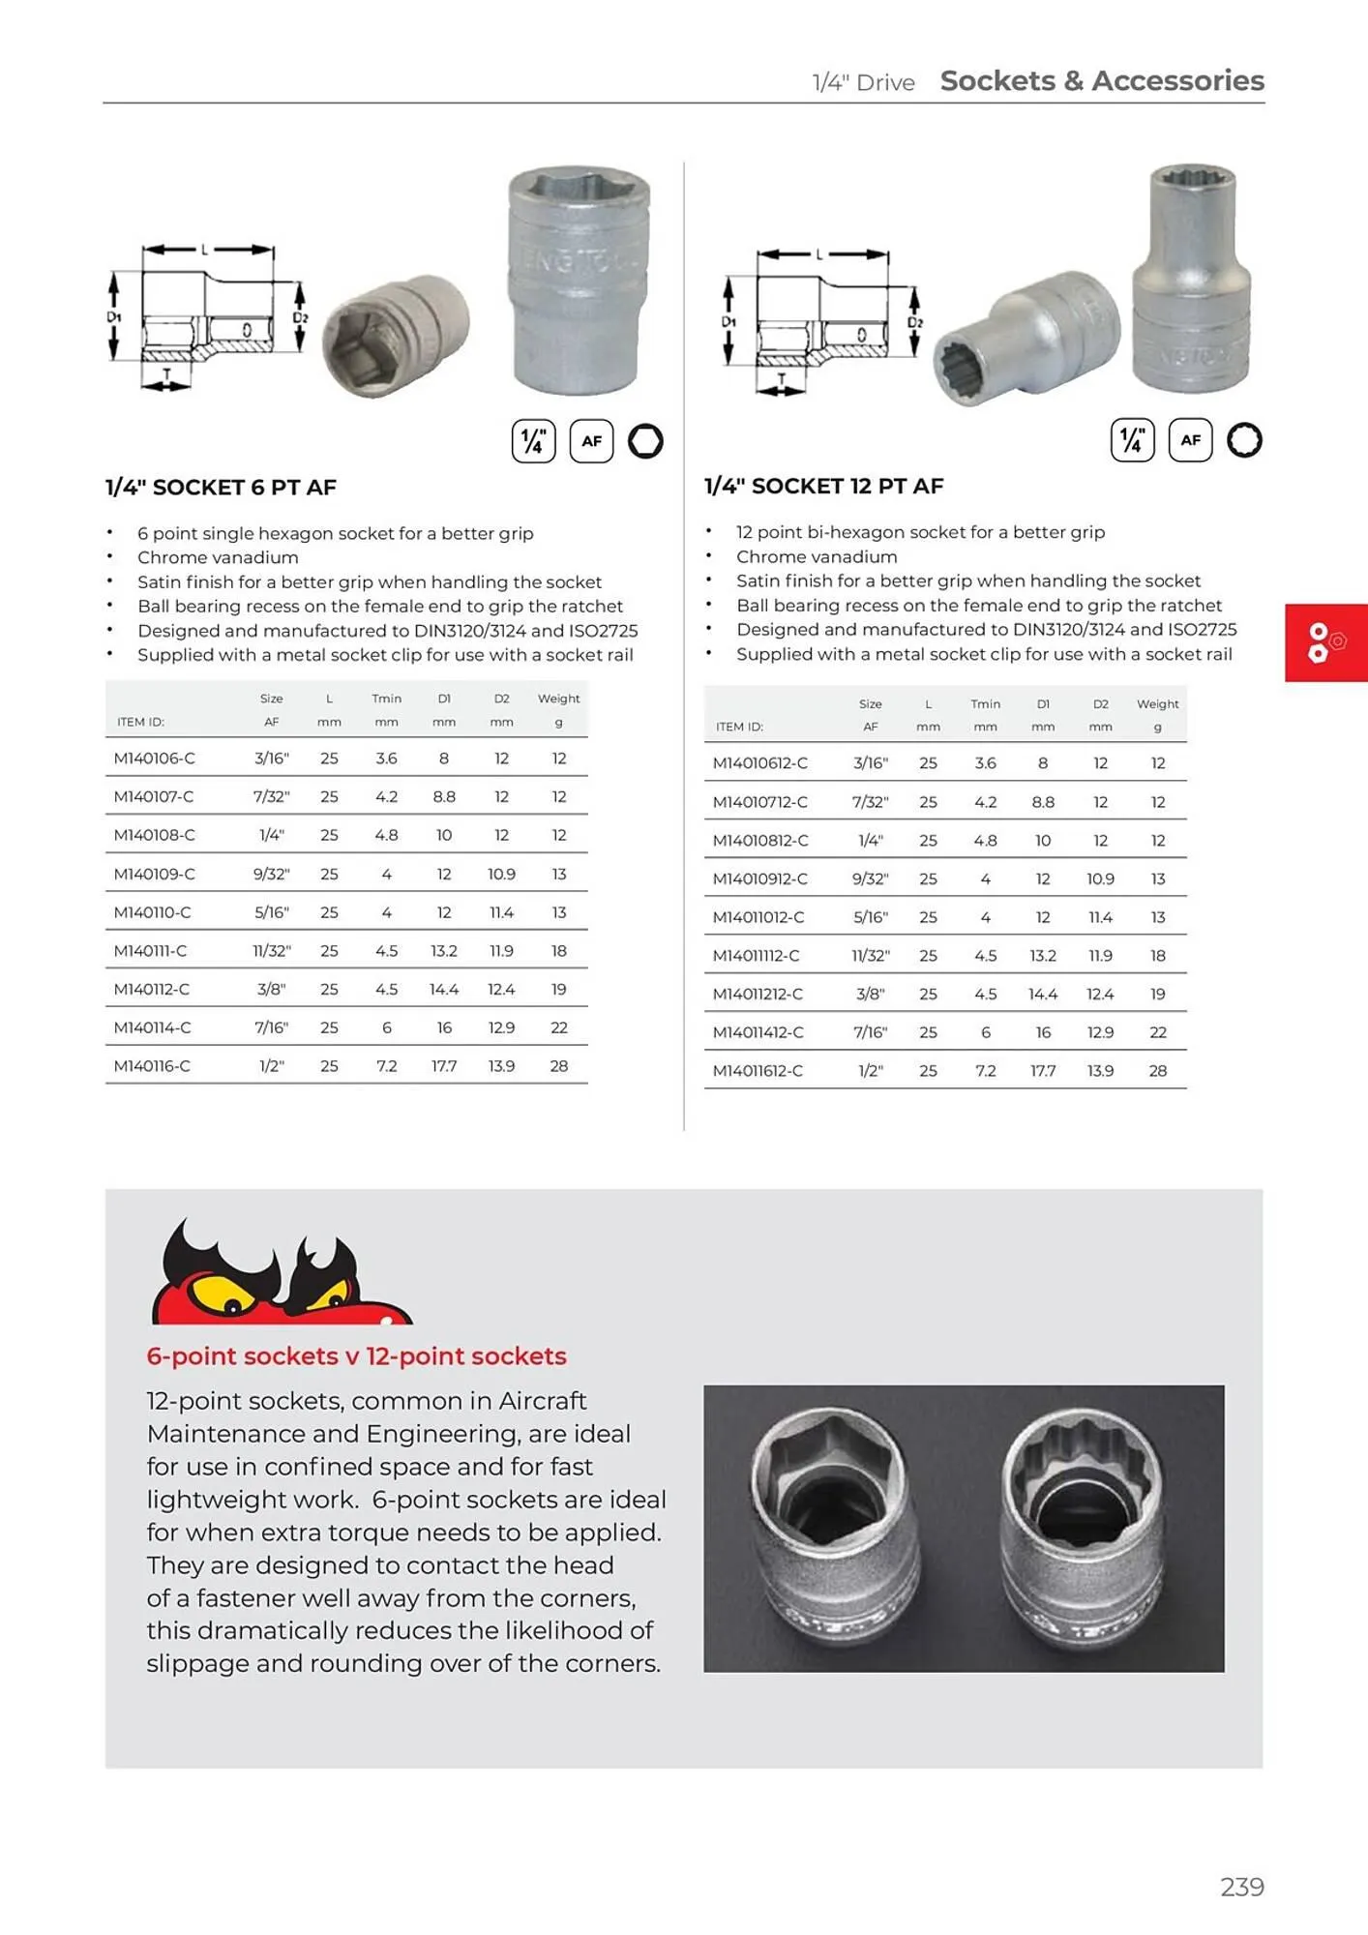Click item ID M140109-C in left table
click(x=154, y=874)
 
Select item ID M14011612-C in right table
click(x=758, y=1070)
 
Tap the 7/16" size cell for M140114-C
click(x=271, y=1027)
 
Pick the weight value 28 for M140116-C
click(x=558, y=1066)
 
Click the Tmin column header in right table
click(x=985, y=704)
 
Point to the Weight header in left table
click(x=558, y=699)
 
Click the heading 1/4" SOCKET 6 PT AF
click(x=221, y=488)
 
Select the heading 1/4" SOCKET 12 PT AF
click(x=823, y=486)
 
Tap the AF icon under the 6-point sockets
click(x=591, y=441)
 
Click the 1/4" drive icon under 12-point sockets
click(x=1132, y=441)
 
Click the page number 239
click(x=1241, y=1887)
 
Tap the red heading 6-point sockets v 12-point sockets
click(x=356, y=1355)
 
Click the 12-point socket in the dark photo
click(x=1082, y=1529)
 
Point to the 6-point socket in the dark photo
click(x=835, y=1529)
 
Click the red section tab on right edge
click(x=1324, y=642)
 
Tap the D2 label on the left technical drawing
click(x=300, y=317)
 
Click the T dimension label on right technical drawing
click(x=782, y=378)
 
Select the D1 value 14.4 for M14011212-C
click(x=1042, y=994)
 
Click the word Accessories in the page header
click(x=1177, y=80)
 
